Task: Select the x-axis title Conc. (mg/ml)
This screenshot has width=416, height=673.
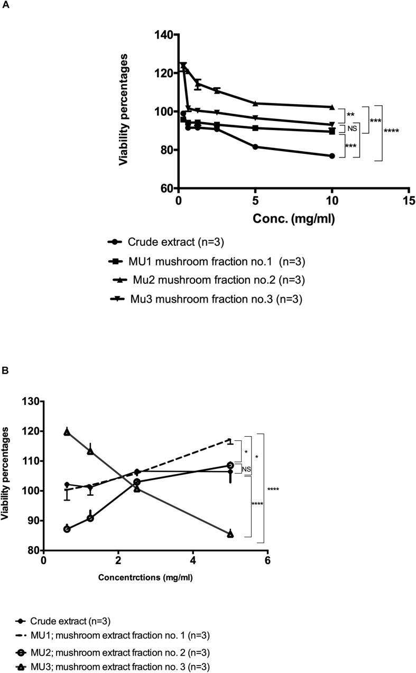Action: [x=293, y=218]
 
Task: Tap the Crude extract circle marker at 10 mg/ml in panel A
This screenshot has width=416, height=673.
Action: [x=332, y=156]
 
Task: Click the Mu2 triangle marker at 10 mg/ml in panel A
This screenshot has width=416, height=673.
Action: [x=332, y=107]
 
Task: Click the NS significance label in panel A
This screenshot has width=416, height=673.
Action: [x=353, y=128]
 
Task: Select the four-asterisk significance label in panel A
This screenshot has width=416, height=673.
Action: [x=391, y=131]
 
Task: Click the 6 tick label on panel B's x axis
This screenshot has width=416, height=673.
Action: [x=267, y=561]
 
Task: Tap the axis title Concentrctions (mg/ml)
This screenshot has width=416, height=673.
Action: [x=145, y=577]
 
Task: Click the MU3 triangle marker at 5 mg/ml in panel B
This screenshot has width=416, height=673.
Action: [x=230, y=534]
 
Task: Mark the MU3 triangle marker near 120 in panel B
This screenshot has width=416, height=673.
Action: [x=67, y=432]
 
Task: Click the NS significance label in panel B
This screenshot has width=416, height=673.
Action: [x=246, y=468]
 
